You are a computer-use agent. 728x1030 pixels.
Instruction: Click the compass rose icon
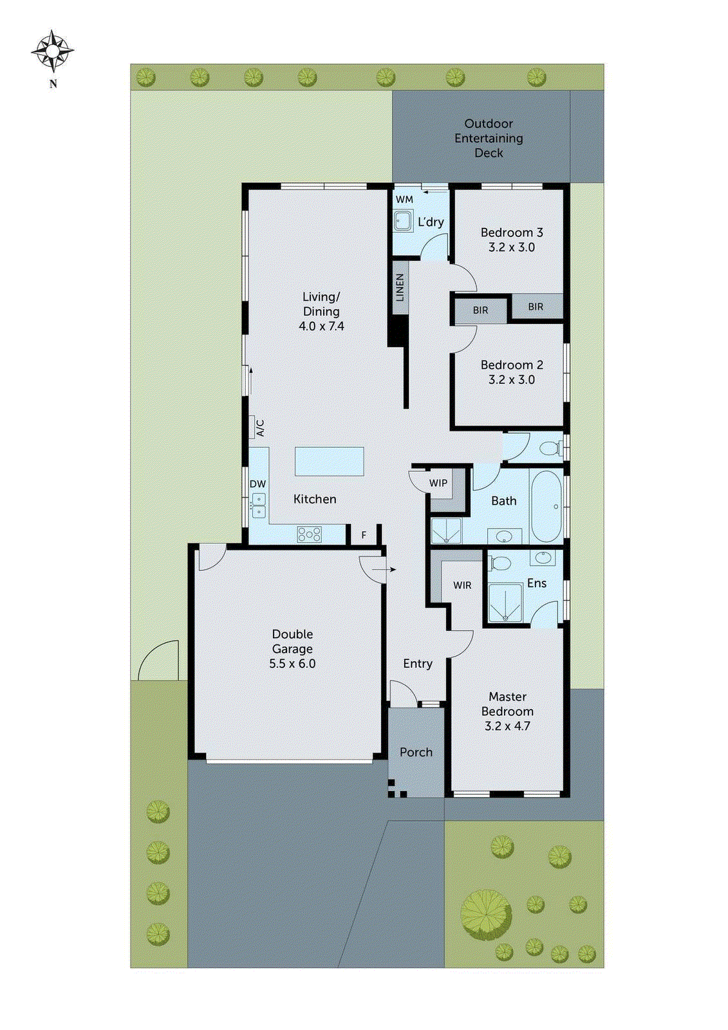click(x=53, y=50)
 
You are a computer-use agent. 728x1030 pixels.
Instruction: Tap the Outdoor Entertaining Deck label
click(x=489, y=138)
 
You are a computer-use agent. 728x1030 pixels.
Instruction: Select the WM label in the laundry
click(x=404, y=200)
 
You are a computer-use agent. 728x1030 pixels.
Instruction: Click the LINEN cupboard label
click(x=400, y=287)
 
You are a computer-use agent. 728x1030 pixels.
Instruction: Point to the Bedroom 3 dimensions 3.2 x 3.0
click(x=511, y=247)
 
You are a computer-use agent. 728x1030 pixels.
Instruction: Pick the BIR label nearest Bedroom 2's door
click(x=480, y=310)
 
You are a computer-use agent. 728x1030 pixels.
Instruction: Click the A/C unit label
click(x=260, y=428)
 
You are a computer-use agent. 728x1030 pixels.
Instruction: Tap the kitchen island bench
click(x=329, y=461)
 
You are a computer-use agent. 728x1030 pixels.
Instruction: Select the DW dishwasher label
click(x=257, y=484)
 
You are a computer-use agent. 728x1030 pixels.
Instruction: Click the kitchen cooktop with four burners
click(x=309, y=534)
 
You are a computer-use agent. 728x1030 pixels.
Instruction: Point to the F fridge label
click(x=364, y=535)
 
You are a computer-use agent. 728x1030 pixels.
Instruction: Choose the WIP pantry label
click(x=438, y=483)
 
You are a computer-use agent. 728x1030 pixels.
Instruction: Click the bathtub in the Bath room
click(x=546, y=507)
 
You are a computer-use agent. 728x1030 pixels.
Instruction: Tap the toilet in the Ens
click(x=499, y=563)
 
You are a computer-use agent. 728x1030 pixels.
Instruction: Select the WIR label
click(x=462, y=585)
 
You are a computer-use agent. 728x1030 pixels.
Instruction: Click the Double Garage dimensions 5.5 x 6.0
click(x=292, y=664)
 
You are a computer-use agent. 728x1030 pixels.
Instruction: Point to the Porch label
click(x=416, y=752)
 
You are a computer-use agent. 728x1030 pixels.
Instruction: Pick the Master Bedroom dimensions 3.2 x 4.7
click(x=507, y=726)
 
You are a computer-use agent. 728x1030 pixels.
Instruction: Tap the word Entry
click(x=418, y=664)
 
